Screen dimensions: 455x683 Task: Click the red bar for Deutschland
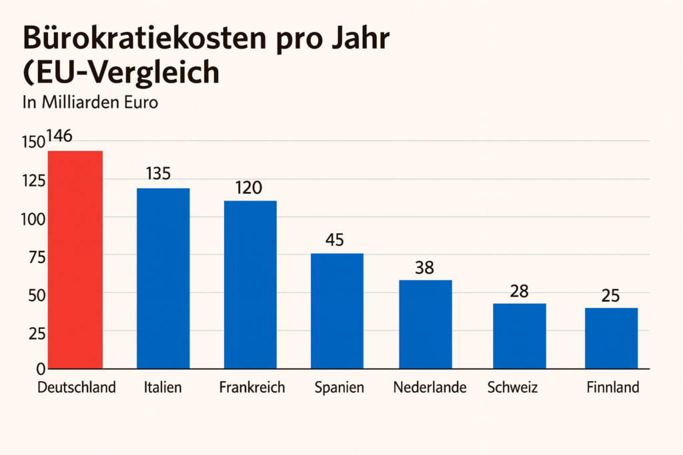pos(75,260)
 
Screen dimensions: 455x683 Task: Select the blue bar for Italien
pos(163,278)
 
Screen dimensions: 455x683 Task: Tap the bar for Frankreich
pos(250,284)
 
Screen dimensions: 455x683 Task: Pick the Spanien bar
pos(337,310)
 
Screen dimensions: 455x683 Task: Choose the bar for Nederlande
pos(426,324)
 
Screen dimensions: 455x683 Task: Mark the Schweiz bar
pos(520,336)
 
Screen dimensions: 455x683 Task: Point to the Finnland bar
pos(611,338)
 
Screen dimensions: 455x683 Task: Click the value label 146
pos(59,137)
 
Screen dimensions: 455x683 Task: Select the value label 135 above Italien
pos(157,174)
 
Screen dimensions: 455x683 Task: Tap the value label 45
pos(334,239)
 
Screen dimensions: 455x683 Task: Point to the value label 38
pos(424,267)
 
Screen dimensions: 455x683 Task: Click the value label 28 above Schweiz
pos(518,290)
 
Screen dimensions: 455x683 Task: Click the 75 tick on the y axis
pos(36,256)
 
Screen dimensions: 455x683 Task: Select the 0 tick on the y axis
pos(41,368)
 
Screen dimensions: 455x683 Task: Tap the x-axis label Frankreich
pos(251,387)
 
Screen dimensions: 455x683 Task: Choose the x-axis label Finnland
pos(612,387)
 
